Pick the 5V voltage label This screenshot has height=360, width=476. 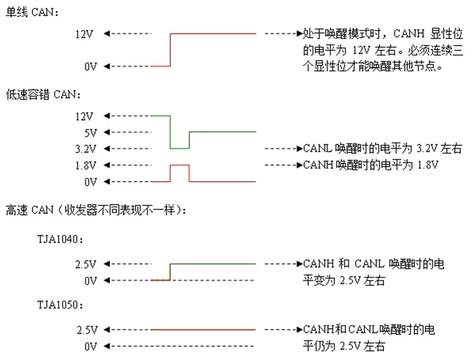pos(91,132)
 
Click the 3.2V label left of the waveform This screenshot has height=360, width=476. pos(86,149)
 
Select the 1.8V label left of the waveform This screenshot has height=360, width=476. pos(86,165)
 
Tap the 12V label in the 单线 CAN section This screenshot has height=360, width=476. pos(87,34)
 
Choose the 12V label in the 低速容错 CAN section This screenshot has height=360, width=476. pos(87,116)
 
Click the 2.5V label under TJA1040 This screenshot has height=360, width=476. pos(87,265)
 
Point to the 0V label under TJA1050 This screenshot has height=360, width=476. pos(91,346)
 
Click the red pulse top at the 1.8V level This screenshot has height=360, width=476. pos(180,165)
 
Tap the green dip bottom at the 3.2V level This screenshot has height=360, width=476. pos(180,148)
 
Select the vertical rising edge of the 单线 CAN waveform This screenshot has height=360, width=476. pos(171,50)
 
